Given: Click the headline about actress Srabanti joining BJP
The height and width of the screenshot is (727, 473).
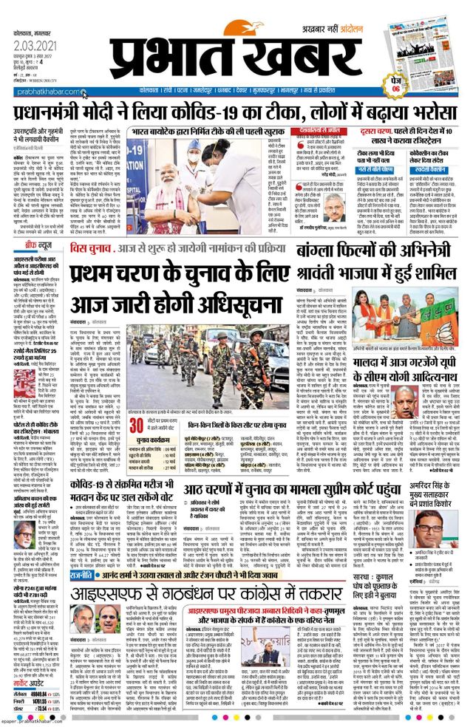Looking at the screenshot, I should click(377, 255).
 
